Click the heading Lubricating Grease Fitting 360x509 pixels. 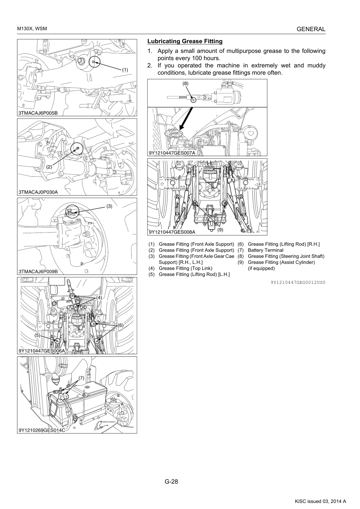click(185, 41)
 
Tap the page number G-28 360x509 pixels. click(171, 481)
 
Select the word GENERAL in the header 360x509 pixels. click(311, 29)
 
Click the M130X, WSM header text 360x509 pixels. click(32, 29)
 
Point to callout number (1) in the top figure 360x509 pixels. click(125, 70)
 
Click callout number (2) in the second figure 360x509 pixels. click(49, 167)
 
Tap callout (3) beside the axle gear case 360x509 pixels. click(109, 206)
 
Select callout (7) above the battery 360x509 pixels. click(81, 378)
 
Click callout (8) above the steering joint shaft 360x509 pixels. click(186, 83)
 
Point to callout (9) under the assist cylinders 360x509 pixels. click(220, 230)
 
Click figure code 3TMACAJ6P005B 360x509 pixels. click(38, 113)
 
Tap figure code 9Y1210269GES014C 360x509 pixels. click(42, 430)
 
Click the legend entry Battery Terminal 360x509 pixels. click(265, 250)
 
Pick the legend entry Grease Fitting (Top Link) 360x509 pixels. click(186, 268)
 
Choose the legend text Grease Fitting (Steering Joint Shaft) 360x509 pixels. click(286, 256)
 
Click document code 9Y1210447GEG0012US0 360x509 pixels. click(298, 282)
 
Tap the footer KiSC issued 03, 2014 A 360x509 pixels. click(320, 501)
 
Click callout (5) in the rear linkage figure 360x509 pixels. click(37, 335)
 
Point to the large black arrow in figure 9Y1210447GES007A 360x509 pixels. click(186, 118)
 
